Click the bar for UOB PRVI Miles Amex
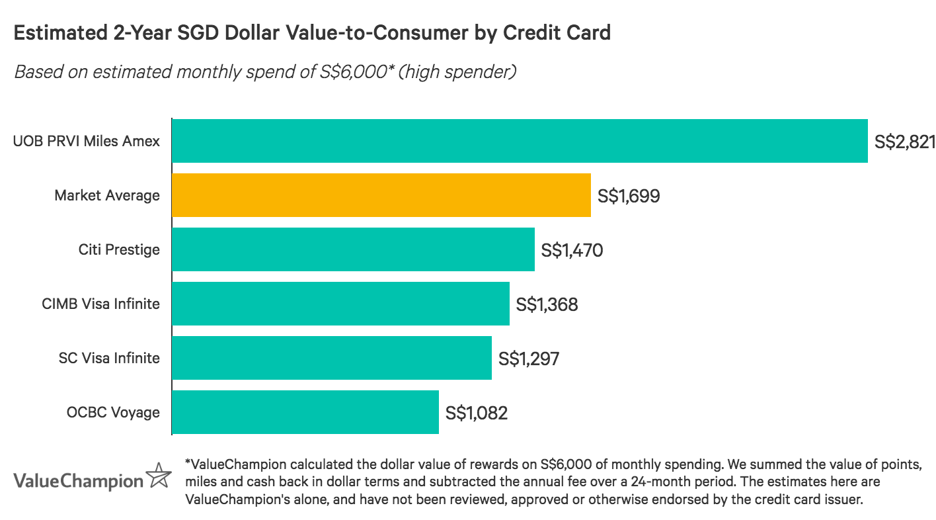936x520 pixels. coord(520,141)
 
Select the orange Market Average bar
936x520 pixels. coord(381,195)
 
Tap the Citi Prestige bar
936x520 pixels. coord(353,249)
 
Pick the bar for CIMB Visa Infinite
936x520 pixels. coord(340,304)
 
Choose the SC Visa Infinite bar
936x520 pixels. coord(331,358)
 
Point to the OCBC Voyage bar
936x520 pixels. coord(305,412)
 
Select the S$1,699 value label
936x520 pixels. coord(628,196)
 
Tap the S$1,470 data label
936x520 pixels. coord(572,250)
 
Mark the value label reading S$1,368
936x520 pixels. coord(547,304)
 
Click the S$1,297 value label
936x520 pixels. coord(529,359)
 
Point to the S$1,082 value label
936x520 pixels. coord(476,413)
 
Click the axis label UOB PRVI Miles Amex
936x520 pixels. coord(87,141)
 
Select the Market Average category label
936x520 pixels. coord(107,195)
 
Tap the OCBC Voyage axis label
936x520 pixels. coord(113,412)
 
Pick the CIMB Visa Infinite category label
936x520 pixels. coord(100,304)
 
